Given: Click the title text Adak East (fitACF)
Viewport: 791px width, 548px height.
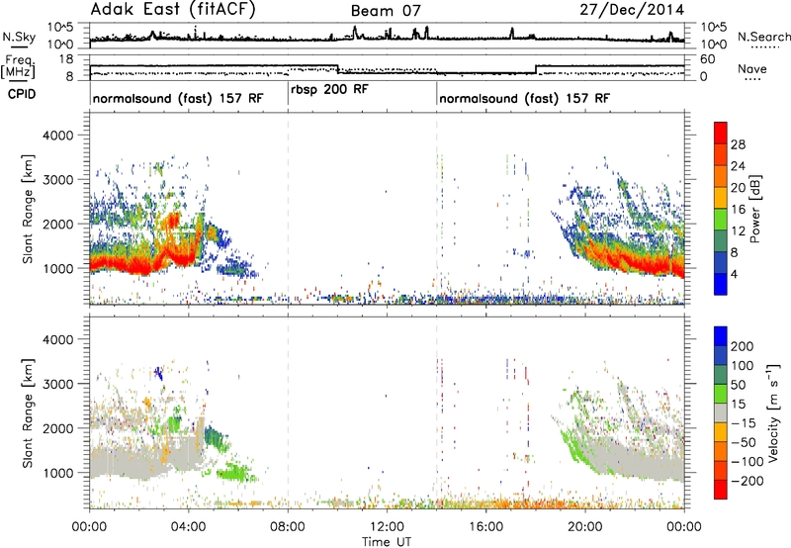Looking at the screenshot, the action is [173, 10].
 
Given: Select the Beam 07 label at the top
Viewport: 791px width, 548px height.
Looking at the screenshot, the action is [386, 11].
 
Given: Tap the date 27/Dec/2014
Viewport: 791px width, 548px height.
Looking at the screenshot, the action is [632, 10].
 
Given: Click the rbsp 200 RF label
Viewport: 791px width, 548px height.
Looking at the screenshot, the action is [329, 89].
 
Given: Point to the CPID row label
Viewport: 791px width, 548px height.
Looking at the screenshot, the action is [22, 94].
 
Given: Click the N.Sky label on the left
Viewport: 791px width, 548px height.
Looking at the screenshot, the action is [19, 37].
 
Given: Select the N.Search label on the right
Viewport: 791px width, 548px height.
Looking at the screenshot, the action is [763, 37].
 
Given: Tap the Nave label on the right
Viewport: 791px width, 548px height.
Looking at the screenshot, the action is [751, 68].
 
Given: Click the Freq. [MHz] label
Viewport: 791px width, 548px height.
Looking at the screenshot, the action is [19, 66].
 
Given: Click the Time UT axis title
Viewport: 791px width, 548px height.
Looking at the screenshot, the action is [387, 541].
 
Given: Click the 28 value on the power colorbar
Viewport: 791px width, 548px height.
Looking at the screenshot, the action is [738, 144].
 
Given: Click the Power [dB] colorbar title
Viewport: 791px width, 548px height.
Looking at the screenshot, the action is [754, 209].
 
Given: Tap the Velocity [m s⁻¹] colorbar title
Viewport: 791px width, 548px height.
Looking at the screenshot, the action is [772, 412].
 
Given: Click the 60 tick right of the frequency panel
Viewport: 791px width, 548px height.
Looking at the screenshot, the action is [708, 59].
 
